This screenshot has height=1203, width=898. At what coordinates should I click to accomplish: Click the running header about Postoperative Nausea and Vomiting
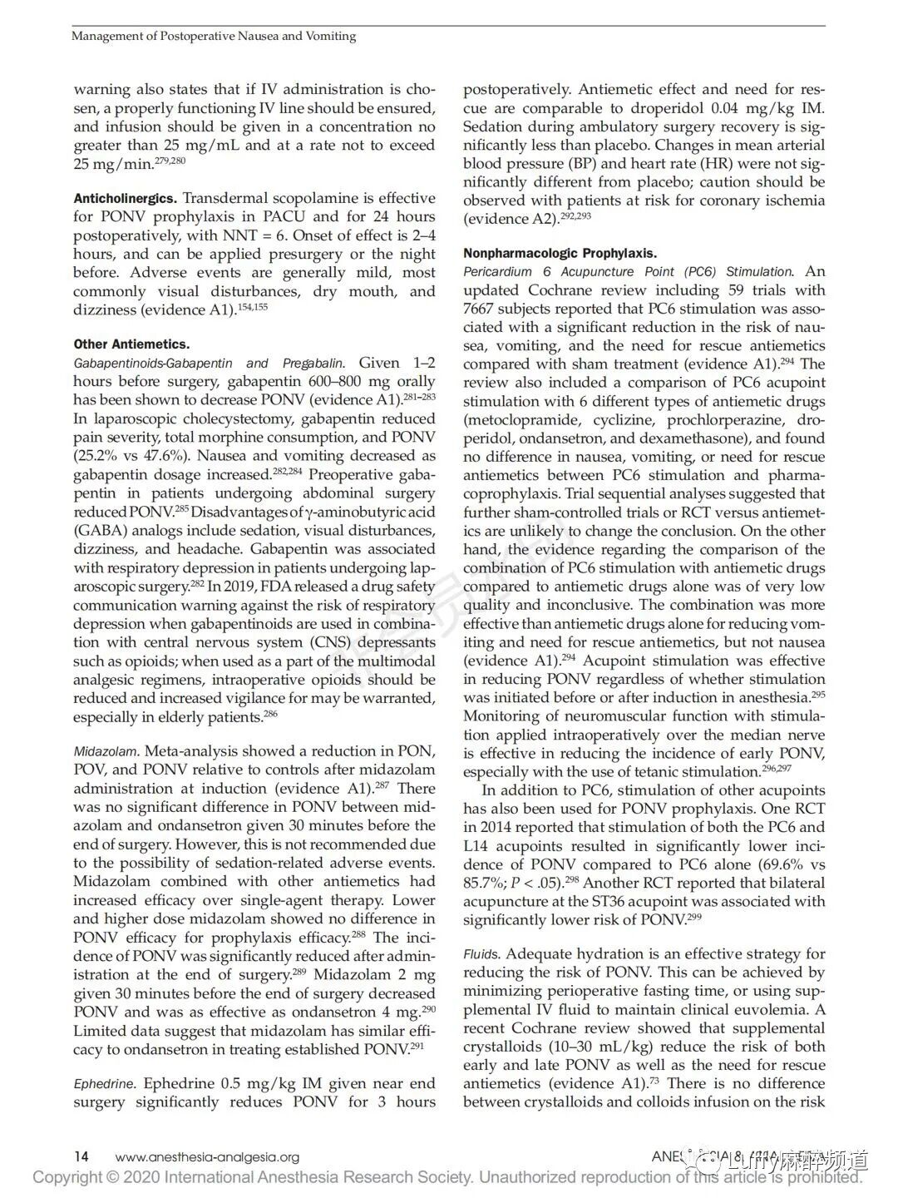214,36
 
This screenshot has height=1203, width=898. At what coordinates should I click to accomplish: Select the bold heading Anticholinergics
126,199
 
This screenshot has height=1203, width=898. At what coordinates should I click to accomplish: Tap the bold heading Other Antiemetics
131,344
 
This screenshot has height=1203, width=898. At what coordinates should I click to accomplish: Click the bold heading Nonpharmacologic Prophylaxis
560,253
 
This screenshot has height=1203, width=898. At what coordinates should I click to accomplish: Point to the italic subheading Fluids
482,954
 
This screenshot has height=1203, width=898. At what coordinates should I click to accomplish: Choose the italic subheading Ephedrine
104,1084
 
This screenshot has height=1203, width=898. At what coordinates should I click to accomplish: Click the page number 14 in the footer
81,1156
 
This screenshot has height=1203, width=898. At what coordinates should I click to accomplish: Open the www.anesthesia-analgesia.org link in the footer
207,1157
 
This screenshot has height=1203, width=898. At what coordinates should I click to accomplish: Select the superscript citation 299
695,916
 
